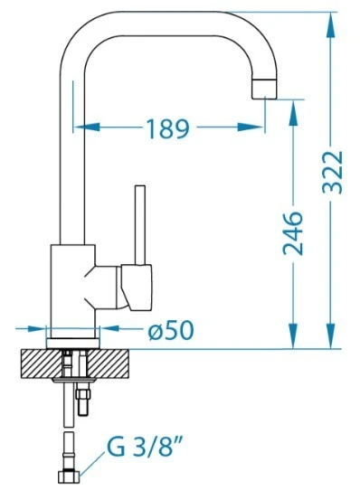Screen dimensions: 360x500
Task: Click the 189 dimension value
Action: [x=167, y=128]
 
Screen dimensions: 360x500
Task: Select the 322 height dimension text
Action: [x=333, y=172]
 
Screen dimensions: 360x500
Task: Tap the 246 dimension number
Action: [x=293, y=233]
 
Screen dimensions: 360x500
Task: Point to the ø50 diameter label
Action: [x=171, y=330]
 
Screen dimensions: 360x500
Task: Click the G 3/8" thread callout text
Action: [x=145, y=446]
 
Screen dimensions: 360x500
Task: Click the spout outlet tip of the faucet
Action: [x=264, y=89]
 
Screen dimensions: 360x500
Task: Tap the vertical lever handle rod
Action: [x=140, y=225]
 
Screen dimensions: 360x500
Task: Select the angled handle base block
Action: [x=137, y=288]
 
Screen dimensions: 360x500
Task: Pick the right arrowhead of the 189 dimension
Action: [x=251, y=127]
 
